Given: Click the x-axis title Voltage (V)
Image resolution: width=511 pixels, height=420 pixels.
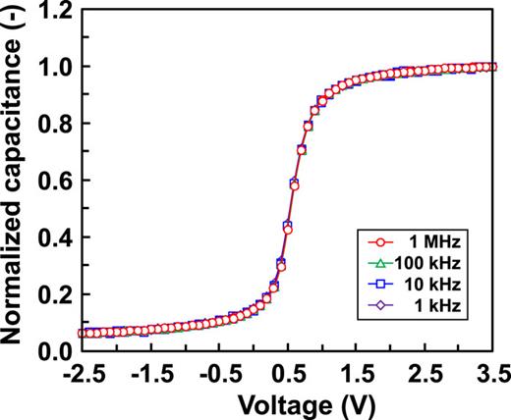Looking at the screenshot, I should point(284,402).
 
